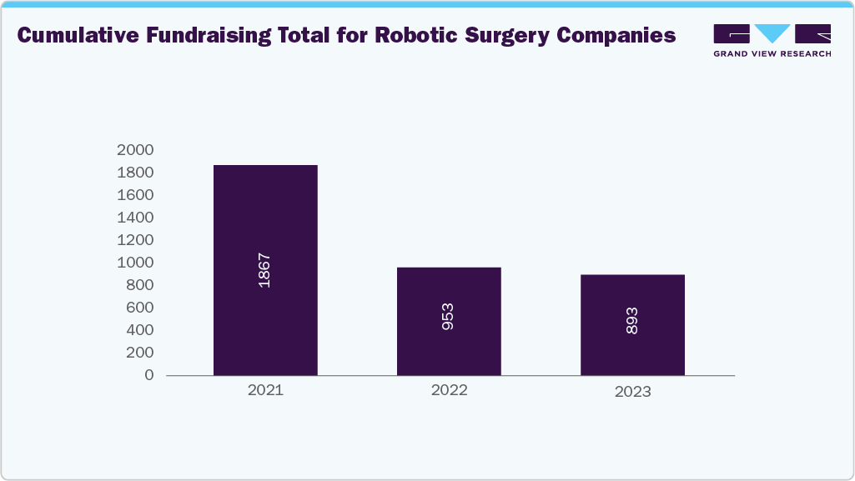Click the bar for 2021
pos(265,217)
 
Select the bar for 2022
pos(449,292)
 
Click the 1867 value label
pos(264,270)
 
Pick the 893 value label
pos(632,320)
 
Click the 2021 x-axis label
pos(265,390)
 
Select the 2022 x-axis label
pos(449,390)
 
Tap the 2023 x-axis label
pos(632,392)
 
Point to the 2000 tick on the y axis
pos(135,150)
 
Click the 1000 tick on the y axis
pos(135,263)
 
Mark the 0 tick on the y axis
pos(148,375)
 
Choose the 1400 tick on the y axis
pos(135,218)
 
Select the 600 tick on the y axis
pos(139,308)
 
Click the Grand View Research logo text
pos(772,54)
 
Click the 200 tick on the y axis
pos(139,353)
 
